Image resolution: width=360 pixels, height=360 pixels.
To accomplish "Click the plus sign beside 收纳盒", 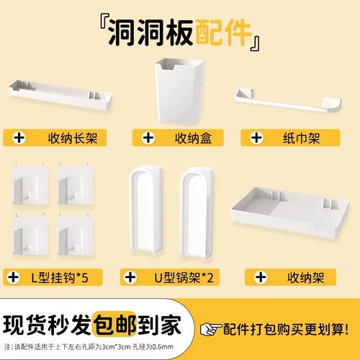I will pos(147,138).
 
